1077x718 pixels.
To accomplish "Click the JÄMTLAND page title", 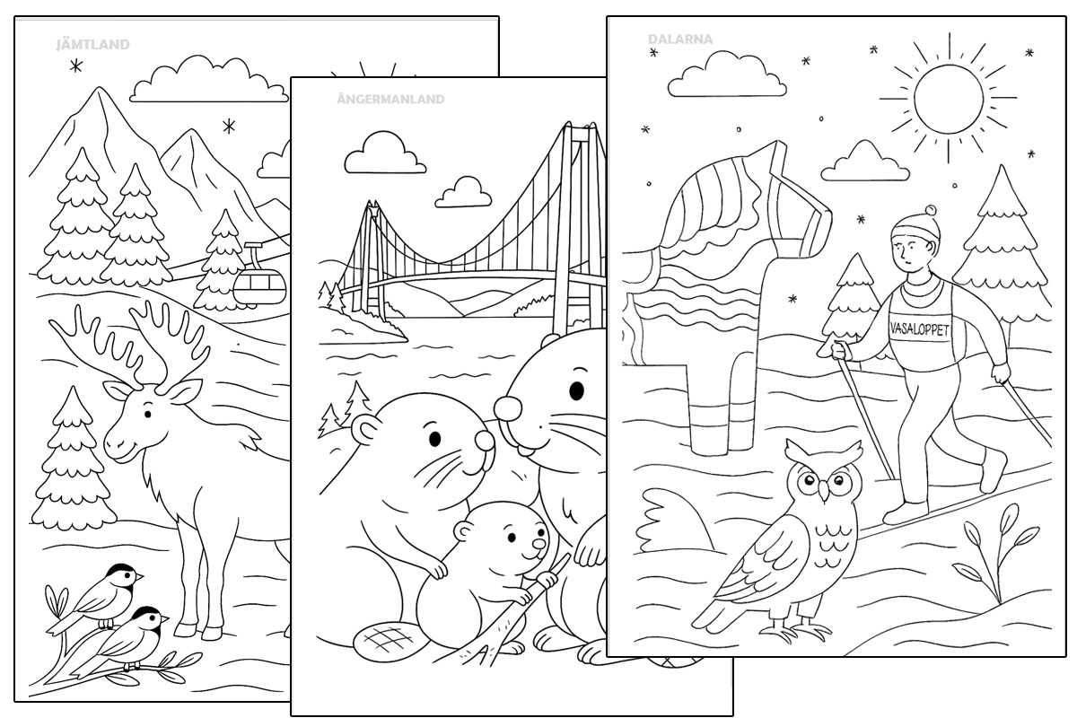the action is click(92, 45).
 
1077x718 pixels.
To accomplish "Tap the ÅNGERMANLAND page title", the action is click(390, 99).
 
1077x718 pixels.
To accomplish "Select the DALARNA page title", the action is click(680, 39).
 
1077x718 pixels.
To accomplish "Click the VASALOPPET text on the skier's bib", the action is click(919, 330).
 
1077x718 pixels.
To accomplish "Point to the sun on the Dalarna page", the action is click(949, 99).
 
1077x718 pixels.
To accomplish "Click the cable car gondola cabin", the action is click(259, 287).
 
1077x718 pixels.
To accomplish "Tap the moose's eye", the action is click(148, 414).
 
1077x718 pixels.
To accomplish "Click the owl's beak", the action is click(824, 490).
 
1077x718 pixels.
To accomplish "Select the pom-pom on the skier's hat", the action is click(931, 211).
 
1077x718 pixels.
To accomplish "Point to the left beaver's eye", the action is click(434, 439).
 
